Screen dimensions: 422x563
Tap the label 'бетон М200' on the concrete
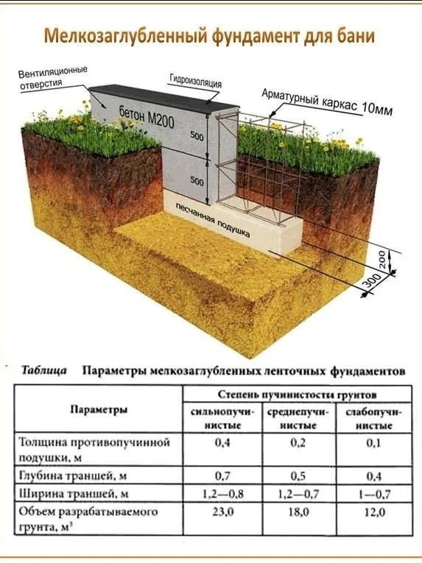[147, 118]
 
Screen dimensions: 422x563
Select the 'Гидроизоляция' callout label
[196, 81]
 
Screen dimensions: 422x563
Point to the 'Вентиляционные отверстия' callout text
[53, 77]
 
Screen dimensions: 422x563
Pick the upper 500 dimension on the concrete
[197, 136]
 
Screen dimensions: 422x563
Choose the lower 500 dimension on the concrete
[197, 180]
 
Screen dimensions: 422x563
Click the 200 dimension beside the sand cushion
[382, 259]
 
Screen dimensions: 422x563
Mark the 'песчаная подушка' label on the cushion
[212, 221]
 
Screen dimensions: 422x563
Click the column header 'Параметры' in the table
[99, 410]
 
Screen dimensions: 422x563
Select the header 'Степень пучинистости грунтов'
[298, 394]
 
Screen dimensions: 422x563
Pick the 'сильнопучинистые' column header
[221, 418]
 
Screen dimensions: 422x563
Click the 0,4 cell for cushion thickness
[222, 443]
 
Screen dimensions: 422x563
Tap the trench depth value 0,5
[298, 476]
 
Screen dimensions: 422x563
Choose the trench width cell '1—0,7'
[374, 495]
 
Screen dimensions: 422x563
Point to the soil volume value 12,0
[375, 512]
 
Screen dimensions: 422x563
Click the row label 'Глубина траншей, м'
[73, 475]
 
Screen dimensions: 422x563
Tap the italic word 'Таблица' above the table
[44, 370]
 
